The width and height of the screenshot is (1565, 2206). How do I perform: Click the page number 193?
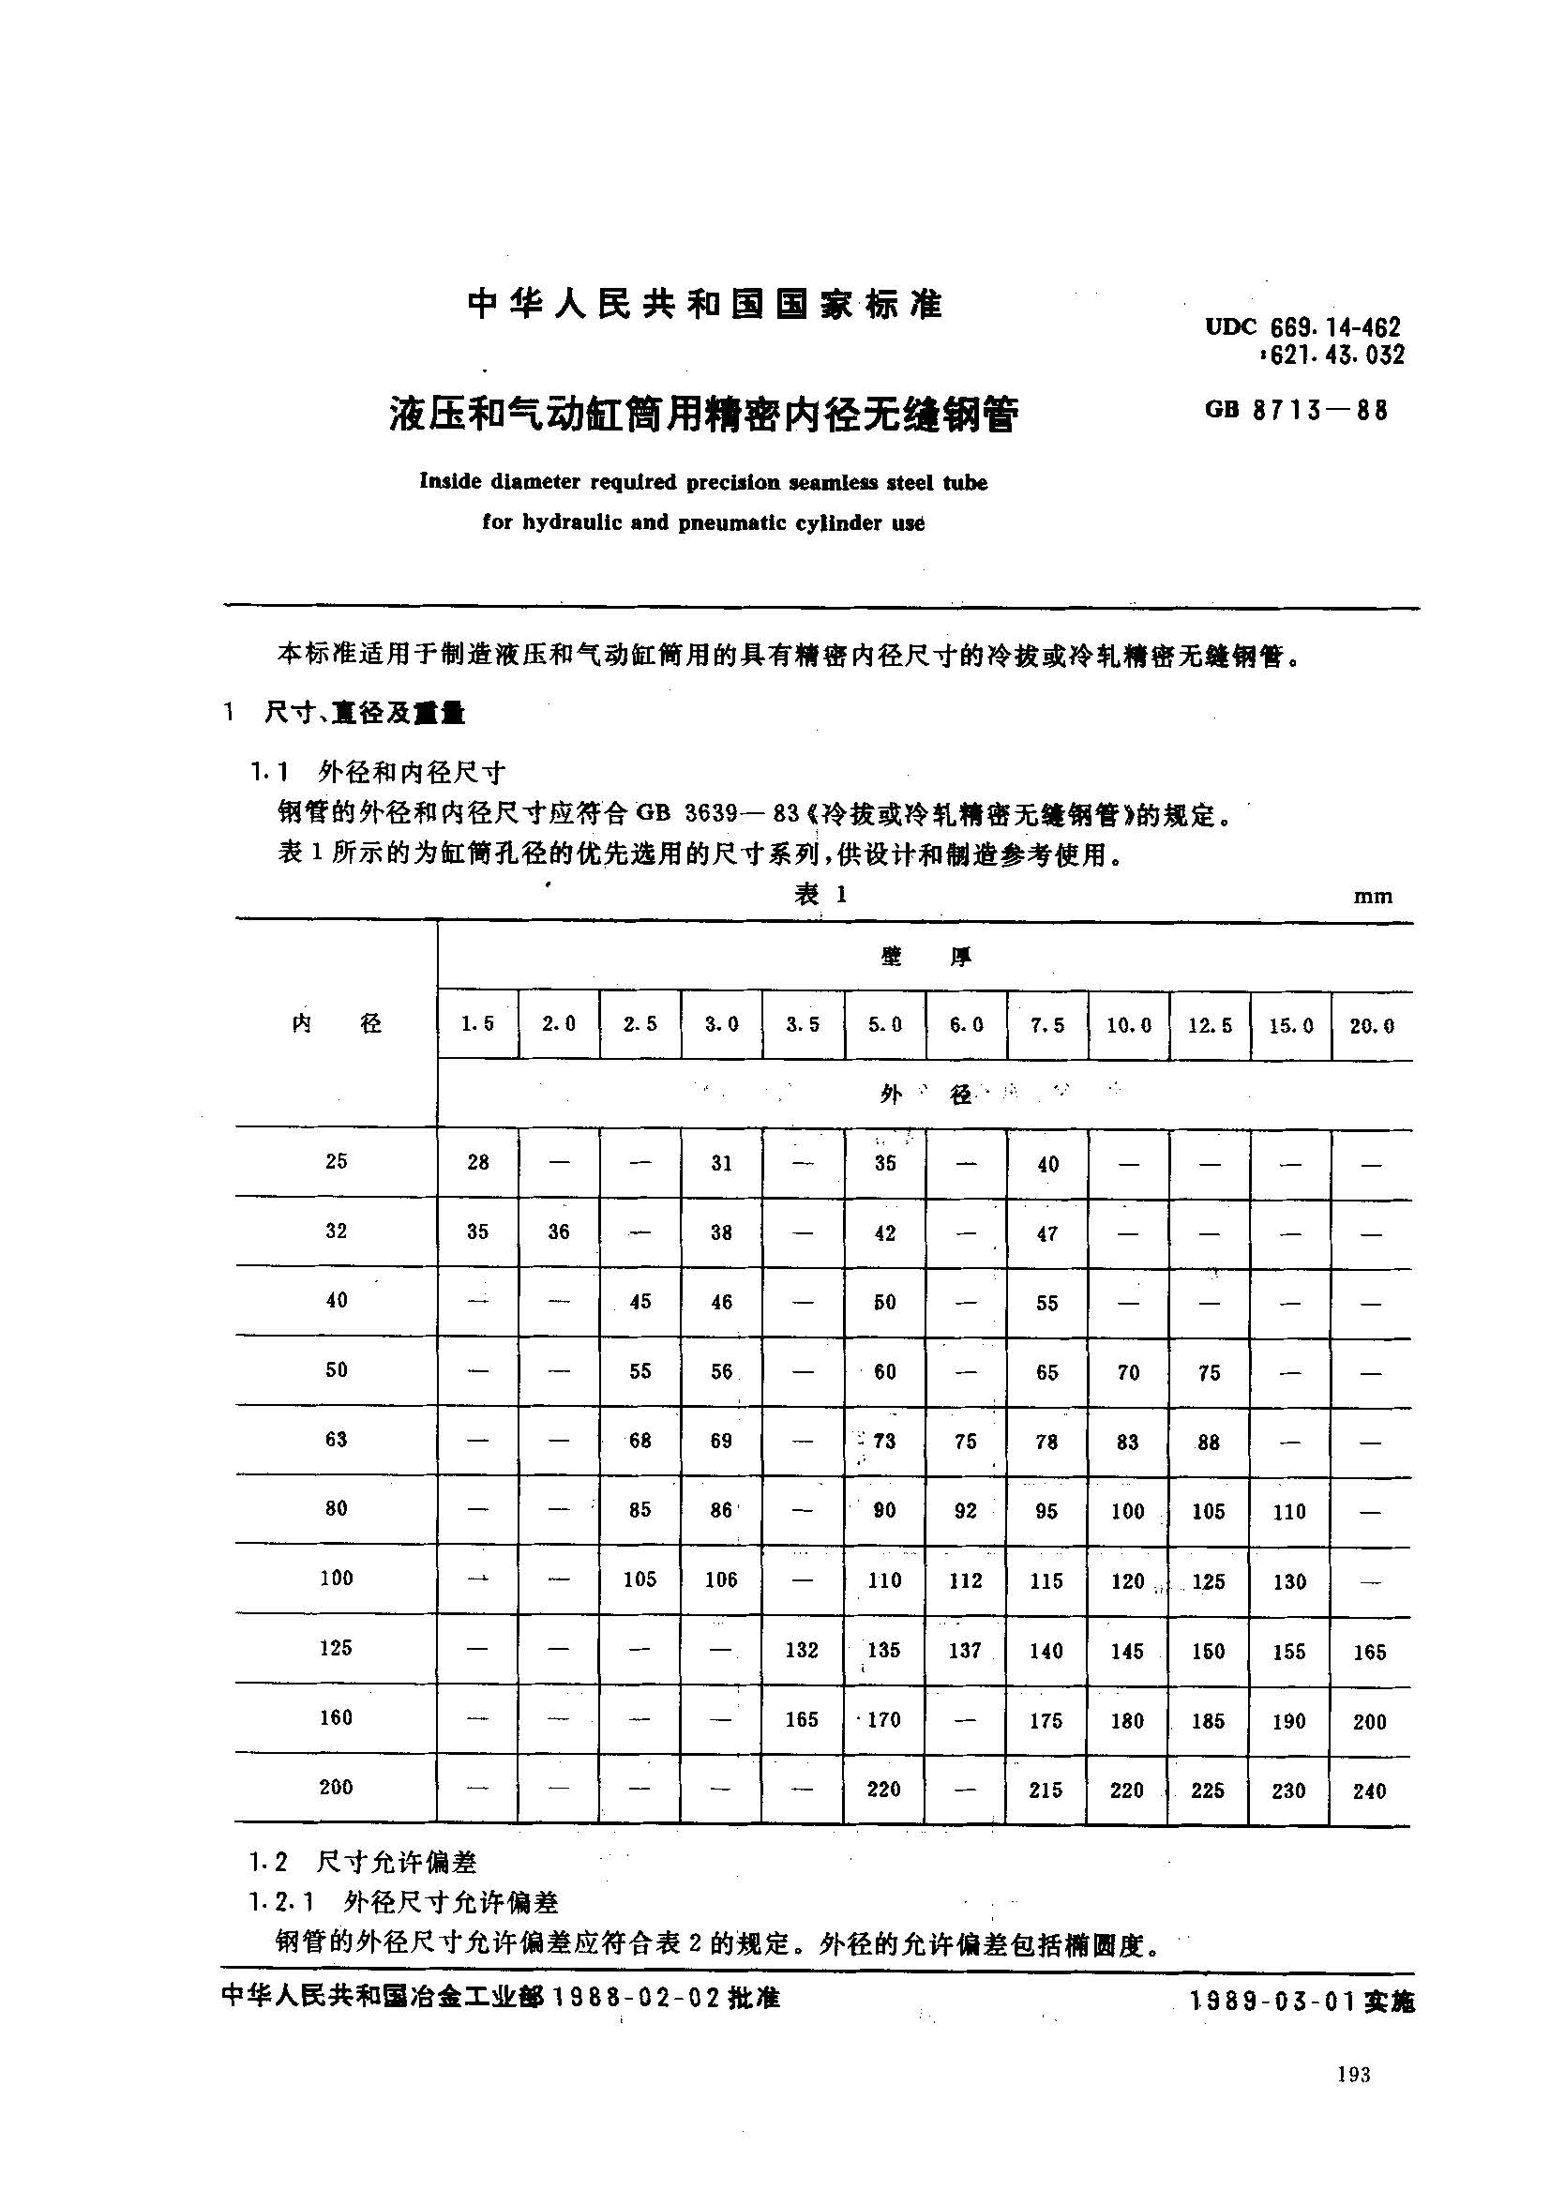pyautogui.click(x=1353, y=2075)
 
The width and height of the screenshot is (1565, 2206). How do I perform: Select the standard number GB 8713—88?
pyautogui.click(x=1296, y=410)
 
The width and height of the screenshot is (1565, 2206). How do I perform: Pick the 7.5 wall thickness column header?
pyautogui.click(x=1046, y=1025)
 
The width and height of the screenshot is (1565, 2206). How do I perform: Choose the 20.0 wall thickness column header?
pyautogui.click(x=1371, y=1026)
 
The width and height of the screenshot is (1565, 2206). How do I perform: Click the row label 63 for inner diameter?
pyautogui.click(x=336, y=1440)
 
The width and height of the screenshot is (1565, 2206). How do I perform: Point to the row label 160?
pyautogui.click(x=336, y=1717)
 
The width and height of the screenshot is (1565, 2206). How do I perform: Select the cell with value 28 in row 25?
pyautogui.click(x=478, y=1162)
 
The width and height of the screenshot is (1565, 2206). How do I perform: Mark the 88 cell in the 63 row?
pyautogui.click(x=1209, y=1443)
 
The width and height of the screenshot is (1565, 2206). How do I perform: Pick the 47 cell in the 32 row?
pyautogui.click(x=1047, y=1233)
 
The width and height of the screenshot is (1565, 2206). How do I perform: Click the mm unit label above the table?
pyautogui.click(x=1372, y=897)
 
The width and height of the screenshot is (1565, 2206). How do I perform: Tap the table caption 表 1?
pyautogui.click(x=821, y=895)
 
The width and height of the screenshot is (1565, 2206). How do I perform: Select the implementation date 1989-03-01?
pyautogui.click(x=1273, y=2001)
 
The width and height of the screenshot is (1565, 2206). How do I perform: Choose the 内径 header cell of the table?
pyautogui.click(x=337, y=1023)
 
